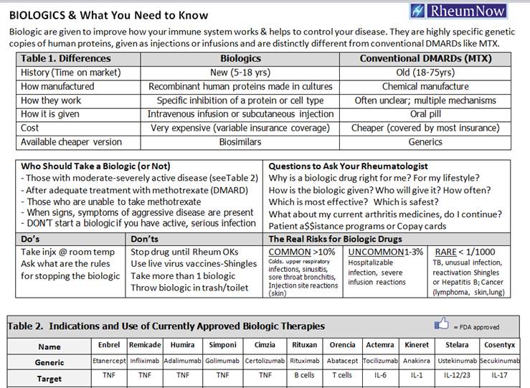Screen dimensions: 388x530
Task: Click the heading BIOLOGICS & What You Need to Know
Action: click(109, 15)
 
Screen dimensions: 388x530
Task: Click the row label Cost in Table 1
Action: click(32, 128)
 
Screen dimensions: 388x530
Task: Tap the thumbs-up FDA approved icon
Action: click(442, 325)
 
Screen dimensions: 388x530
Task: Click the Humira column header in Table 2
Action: click(183, 345)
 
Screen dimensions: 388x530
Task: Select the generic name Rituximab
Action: click(305, 362)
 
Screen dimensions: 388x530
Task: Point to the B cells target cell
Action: click(305, 379)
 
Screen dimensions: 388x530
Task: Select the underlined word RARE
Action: click(446, 252)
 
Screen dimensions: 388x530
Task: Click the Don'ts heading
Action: click(145, 239)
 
